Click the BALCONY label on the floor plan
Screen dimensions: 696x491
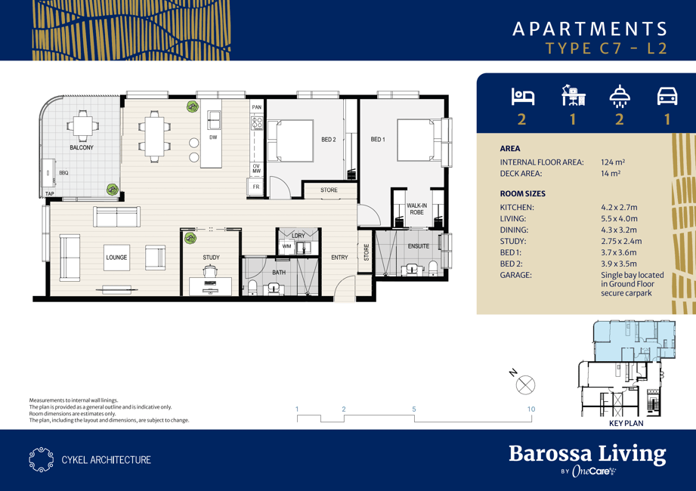coord(82,147)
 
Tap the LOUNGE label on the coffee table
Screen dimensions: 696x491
coord(116,258)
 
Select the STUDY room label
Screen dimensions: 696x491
coord(212,258)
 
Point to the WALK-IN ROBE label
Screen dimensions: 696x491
coord(417,209)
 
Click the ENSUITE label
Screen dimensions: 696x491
coord(419,246)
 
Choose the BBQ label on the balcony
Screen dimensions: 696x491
coord(64,173)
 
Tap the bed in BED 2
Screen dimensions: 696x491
coord(290,141)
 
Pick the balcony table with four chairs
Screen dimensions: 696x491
coord(82,126)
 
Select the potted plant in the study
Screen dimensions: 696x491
coord(190,238)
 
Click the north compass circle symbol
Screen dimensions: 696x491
coord(525,385)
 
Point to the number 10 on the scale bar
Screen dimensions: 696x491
coord(531,409)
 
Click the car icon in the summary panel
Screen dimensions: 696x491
coord(667,96)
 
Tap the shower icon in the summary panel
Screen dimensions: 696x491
coord(620,96)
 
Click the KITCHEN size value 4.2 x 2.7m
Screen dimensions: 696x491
coord(619,207)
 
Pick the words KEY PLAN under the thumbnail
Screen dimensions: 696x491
coord(626,423)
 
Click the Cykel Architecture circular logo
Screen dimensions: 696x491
coord(42,459)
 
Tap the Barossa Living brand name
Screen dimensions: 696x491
coord(587,454)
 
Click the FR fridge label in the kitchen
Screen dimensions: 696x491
coord(256,187)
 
